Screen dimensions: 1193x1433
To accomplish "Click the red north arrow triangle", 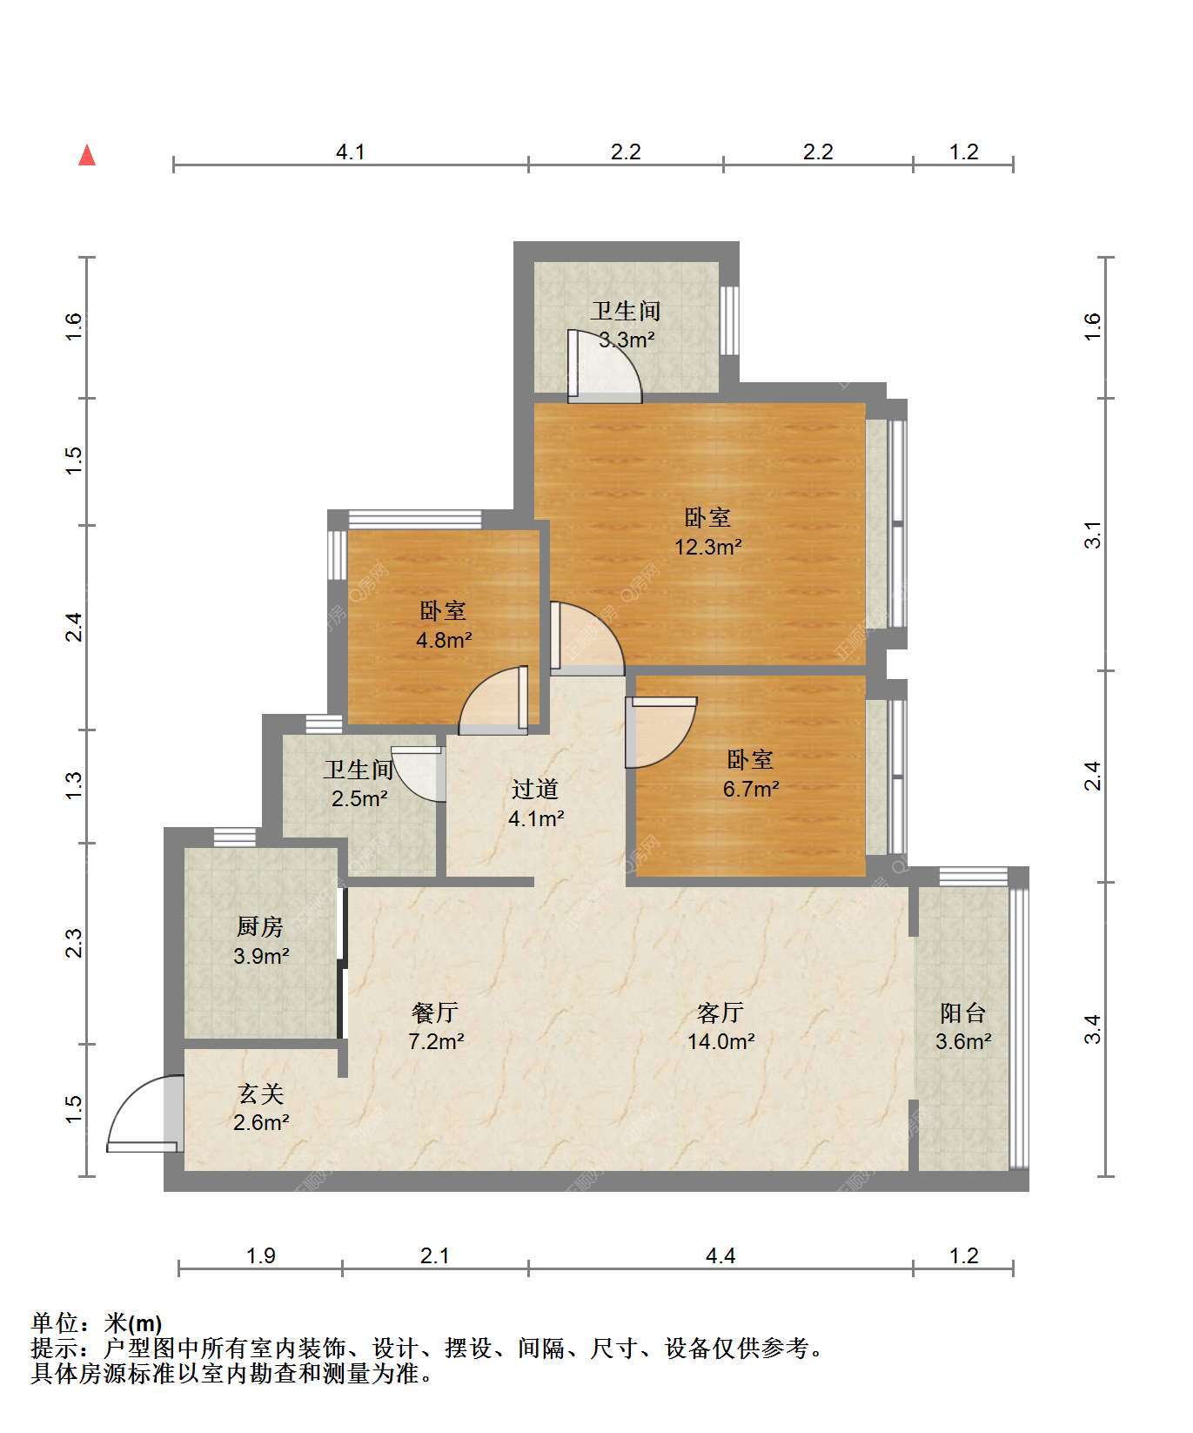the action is click(87, 155).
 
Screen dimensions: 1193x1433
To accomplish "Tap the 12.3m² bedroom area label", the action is click(708, 548).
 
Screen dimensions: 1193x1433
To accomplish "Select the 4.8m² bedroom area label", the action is click(444, 641).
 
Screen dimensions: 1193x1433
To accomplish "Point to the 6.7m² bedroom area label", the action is click(751, 790).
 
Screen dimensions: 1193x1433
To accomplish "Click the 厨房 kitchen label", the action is click(260, 927).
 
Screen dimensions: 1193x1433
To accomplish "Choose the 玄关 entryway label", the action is click(261, 1093).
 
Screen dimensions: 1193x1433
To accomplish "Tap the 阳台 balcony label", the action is click(963, 1013).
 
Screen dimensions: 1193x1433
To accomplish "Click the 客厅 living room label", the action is click(720, 1013).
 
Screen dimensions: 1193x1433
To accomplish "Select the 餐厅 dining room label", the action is click(435, 1013).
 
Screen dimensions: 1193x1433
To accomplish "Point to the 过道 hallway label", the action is click(535, 789).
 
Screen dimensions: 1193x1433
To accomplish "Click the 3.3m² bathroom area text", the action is click(627, 340).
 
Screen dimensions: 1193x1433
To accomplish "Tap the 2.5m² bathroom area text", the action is click(359, 798).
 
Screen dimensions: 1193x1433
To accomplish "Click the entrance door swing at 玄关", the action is click(144, 1113).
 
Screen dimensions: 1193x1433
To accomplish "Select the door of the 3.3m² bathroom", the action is click(604, 367).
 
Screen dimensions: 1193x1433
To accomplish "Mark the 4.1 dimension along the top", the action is click(351, 152).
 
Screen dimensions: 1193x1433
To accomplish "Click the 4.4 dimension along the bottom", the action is click(720, 1255).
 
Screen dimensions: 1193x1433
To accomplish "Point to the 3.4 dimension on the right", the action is click(1093, 1029).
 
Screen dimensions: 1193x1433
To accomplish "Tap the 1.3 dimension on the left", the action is click(74, 786).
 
